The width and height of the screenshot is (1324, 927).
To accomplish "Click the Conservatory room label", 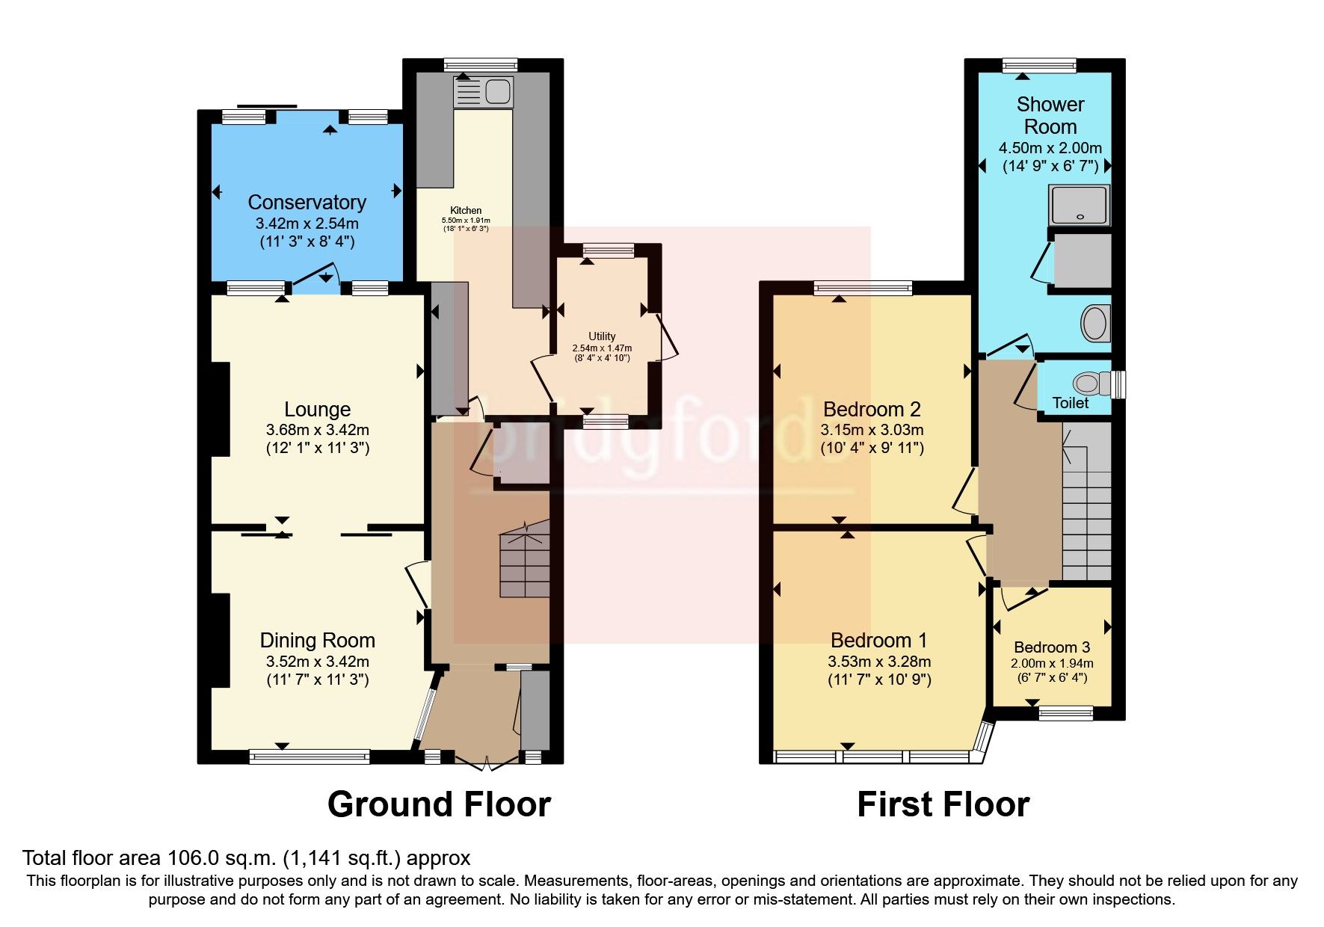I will (307, 203).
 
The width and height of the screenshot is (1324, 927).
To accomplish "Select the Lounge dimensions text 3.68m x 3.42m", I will (317, 431).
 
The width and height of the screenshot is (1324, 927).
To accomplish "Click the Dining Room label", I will (317, 641).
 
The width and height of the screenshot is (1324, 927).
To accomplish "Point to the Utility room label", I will (602, 336).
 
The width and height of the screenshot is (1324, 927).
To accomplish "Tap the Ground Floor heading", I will (439, 805).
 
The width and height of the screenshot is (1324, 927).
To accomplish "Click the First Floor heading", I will (943, 805).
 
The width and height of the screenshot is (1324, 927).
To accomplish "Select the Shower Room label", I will (1050, 116).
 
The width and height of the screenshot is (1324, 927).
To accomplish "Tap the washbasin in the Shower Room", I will (1095, 324).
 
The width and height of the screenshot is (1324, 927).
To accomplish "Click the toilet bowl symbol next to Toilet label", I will (1088, 384).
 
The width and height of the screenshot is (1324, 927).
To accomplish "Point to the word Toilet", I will (1071, 403).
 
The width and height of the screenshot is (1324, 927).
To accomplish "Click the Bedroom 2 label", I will (872, 410).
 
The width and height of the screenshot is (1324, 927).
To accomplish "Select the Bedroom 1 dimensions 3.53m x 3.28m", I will (879, 662).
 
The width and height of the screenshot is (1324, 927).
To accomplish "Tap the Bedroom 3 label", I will (1051, 647).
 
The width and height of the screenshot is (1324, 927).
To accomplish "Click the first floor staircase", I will (1086, 501).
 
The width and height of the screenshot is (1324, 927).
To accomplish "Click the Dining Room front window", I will (310, 757).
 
